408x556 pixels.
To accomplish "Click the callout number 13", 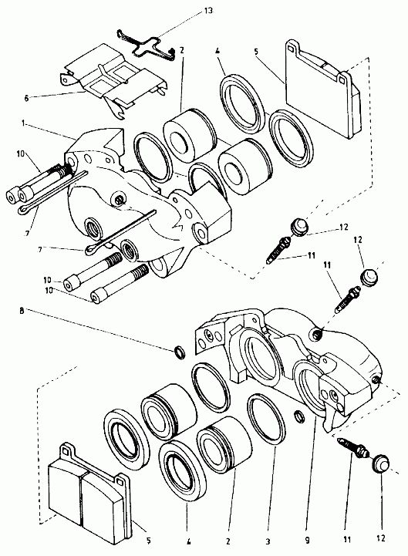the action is [208, 10].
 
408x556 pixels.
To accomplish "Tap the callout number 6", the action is [26, 98].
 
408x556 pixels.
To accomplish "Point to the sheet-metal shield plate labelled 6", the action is [113, 79].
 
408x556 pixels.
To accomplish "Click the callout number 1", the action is [23, 123].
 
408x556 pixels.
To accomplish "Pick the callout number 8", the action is [22, 311].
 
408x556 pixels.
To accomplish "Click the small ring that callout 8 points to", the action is [180, 352].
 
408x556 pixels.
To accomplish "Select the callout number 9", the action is [307, 540].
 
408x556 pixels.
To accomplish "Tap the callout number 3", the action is [268, 541].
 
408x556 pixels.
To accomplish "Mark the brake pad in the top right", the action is [323, 89].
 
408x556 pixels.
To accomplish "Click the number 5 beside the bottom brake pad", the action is [149, 541].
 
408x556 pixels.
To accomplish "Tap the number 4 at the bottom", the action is [189, 541].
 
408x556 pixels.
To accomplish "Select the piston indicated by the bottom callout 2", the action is [224, 445].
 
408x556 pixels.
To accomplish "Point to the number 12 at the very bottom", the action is [381, 538].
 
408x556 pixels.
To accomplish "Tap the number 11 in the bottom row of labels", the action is [346, 539].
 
